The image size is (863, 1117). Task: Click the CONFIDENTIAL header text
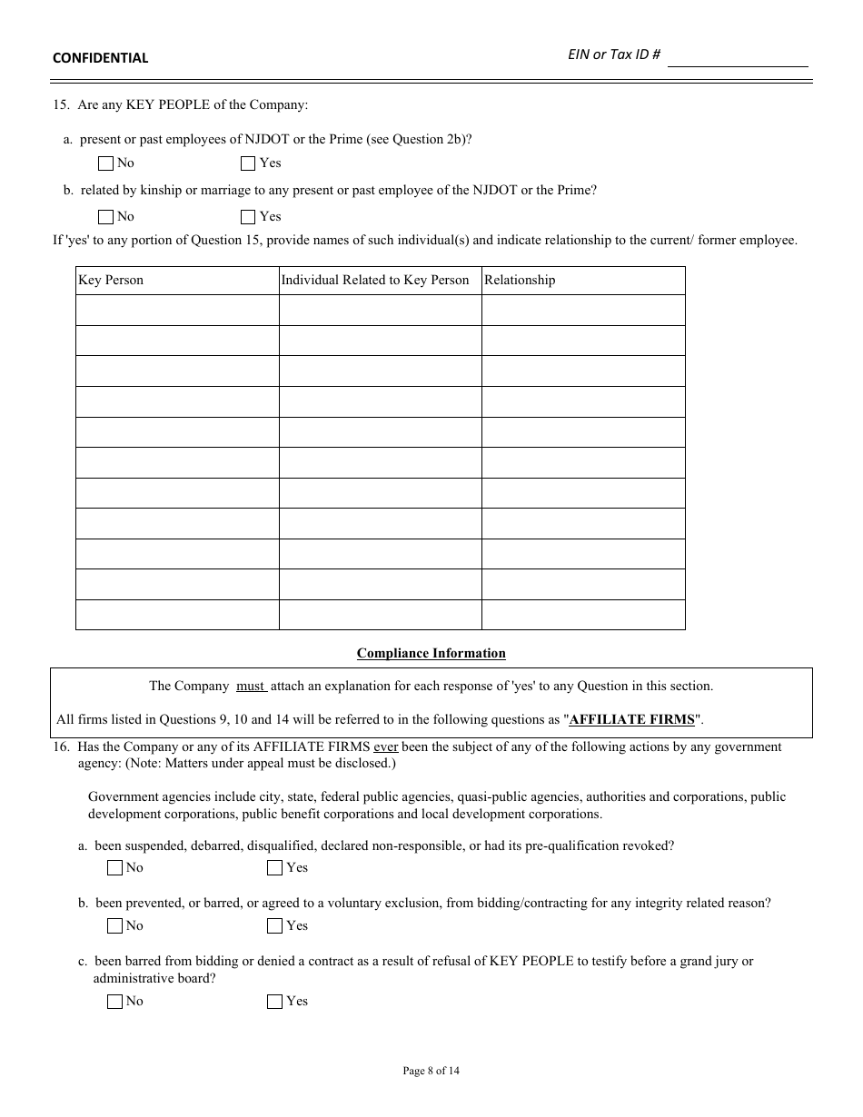point(100,58)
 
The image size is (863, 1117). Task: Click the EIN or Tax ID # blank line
point(737,57)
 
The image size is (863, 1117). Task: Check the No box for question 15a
point(105,163)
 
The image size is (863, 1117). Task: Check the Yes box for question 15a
point(248,163)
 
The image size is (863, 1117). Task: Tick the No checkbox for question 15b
point(105,217)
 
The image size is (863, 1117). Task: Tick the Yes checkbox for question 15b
point(248,217)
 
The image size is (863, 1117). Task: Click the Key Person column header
point(111,281)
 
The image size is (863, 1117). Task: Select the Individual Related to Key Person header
point(374,281)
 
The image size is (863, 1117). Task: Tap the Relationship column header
point(520,281)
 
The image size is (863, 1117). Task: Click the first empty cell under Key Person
point(177,311)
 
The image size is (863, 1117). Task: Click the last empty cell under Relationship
point(583,615)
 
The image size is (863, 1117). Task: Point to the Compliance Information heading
point(431,654)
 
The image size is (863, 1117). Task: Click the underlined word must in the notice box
point(251,687)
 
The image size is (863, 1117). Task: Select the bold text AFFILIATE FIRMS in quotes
point(631,720)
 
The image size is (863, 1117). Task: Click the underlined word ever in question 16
point(386,747)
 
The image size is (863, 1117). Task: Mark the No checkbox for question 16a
point(114,868)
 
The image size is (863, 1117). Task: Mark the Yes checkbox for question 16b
point(274,926)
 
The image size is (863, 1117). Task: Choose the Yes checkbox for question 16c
point(274,1002)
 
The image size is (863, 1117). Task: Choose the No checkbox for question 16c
point(114,1002)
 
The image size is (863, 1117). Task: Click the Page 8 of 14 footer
point(431,1072)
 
